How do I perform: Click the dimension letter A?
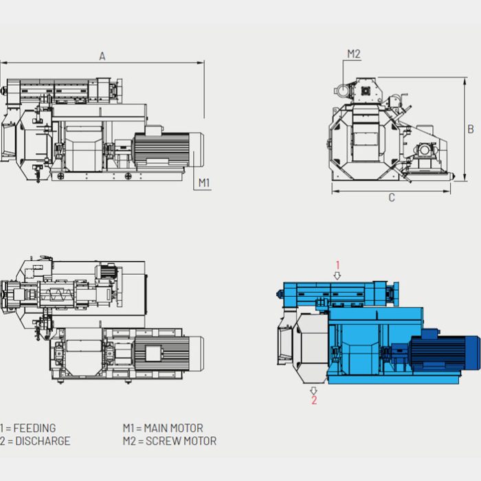(102, 56)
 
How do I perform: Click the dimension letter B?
(471, 128)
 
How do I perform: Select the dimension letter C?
(392, 198)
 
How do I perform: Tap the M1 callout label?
(204, 183)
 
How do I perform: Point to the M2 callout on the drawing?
(353, 54)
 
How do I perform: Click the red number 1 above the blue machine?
(337, 265)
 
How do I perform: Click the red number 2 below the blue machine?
(314, 400)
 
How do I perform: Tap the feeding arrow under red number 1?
(337, 275)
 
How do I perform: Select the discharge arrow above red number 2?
(314, 390)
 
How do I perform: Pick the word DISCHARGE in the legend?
(41, 441)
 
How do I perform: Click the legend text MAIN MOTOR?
(175, 428)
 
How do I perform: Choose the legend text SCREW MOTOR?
(181, 441)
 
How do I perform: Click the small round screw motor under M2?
(341, 90)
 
